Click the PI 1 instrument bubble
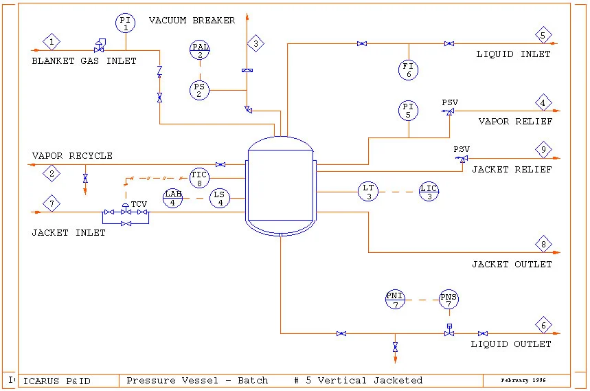pos(126,23)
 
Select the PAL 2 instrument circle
pos(200,51)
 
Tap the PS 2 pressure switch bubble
pos(200,91)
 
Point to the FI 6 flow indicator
pos(409,69)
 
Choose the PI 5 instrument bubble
pos(409,111)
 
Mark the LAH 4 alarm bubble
pos(173,199)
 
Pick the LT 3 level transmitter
pos(368,192)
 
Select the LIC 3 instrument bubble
pos(429,192)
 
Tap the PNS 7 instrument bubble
pos(449,300)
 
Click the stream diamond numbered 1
pos(52,42)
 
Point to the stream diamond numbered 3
pos(256,43)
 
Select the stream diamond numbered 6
pos(544,326)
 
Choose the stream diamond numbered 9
pos(544,149)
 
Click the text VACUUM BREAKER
pos(192,21)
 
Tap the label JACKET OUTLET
pos(511,265)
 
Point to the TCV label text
pos(139,204)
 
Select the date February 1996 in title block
pos(524,380)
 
